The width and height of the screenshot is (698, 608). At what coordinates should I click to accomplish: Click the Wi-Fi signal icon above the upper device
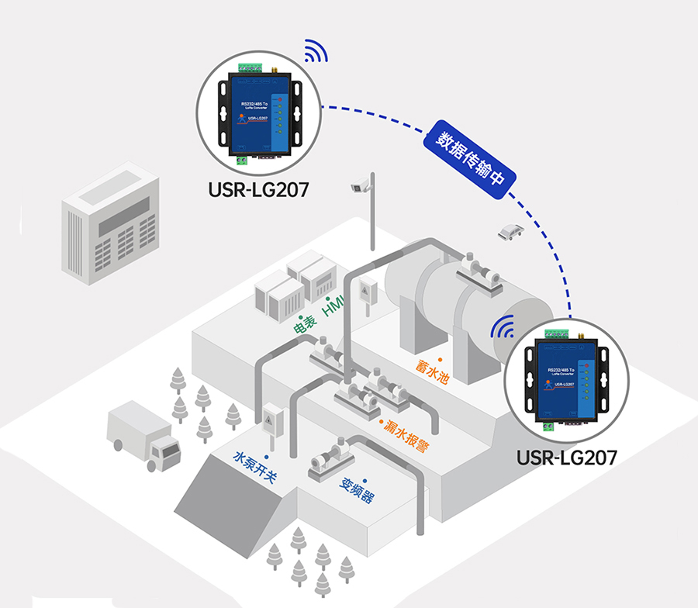[x=316, y=51]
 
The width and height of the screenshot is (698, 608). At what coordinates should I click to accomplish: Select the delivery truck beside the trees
[x=144, y=437]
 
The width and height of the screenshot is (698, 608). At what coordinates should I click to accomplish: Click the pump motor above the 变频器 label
[x=330, y=458]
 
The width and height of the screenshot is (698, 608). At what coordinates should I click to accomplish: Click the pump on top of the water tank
[x=479, y=271]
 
